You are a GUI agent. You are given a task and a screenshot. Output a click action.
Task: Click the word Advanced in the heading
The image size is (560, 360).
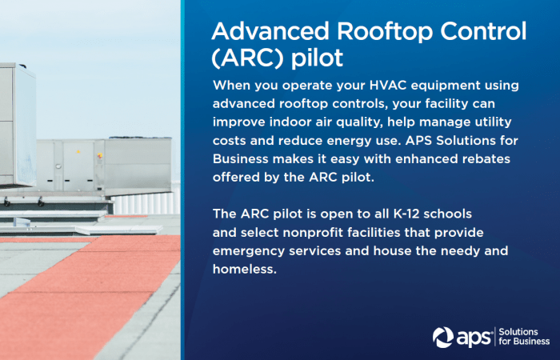[270, 31]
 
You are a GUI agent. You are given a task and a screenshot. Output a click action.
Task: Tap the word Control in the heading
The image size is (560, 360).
[483, 31]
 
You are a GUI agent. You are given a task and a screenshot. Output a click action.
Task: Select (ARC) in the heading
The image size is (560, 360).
[246, 58]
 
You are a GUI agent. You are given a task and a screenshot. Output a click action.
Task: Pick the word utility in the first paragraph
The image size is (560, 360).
[494, 122]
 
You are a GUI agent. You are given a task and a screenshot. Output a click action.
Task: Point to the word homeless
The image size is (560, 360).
[245, 269]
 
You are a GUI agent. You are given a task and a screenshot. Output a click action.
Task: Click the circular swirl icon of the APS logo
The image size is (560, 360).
[443, 337]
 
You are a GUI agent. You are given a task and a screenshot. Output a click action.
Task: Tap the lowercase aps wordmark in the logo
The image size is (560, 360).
[474, 338]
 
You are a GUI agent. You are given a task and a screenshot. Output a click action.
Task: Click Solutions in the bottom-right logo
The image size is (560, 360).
[518, 332]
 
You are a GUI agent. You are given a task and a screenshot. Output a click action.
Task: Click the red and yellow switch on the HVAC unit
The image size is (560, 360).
[100, 155]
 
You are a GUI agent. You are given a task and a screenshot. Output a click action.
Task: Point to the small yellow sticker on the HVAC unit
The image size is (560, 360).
[78, 152]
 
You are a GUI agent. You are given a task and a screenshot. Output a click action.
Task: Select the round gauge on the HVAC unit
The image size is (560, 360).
[58, 166]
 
